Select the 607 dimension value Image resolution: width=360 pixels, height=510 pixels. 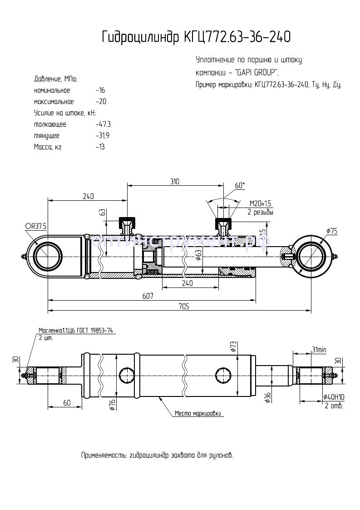click(148, 296)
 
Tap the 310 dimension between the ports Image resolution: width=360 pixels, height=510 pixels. click(175, 182)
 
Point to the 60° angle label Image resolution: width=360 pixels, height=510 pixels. click(240, 185)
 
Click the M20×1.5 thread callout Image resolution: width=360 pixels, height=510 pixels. click(260, 203)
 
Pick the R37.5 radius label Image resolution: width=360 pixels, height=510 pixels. click(37, 226)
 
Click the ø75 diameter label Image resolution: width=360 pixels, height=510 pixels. click(331, 232)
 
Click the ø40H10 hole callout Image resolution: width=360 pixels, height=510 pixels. click(333, 397)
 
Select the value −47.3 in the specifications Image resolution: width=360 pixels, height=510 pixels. click(103, 124)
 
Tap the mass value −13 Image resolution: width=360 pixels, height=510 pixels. click(100, 147)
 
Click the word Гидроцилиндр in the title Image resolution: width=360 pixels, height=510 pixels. click(141, 37)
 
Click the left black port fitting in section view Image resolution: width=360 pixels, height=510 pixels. click(127, 223)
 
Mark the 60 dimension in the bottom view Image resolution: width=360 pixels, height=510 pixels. click(66, 402)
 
